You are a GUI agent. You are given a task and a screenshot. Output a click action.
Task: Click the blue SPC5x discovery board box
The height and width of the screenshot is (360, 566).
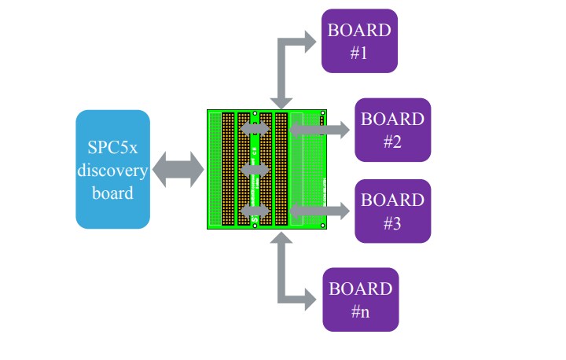[x=112, y=169]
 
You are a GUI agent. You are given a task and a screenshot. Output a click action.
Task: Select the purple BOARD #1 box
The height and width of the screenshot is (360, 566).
[x=359, y=41]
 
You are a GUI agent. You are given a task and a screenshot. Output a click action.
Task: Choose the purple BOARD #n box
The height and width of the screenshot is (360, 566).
[x=360, y=299]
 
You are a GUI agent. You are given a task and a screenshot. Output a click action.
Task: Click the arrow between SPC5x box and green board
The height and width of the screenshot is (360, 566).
[x=178, y=170]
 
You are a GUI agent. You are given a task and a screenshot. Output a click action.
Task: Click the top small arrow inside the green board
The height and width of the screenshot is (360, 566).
[x=254, y=127]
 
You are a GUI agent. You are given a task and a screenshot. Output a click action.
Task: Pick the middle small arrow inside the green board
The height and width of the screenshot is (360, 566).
[x=254, y=168]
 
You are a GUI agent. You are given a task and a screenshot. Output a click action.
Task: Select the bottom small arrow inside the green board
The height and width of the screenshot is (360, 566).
[x=254, y=211]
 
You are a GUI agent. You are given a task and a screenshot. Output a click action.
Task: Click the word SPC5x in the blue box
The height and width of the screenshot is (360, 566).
[x=112, y=149]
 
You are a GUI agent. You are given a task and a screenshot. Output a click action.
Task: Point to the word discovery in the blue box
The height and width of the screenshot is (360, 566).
[x=112, y=170]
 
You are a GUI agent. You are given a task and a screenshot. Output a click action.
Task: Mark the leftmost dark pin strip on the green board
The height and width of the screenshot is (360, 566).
[x=228, y=169]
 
